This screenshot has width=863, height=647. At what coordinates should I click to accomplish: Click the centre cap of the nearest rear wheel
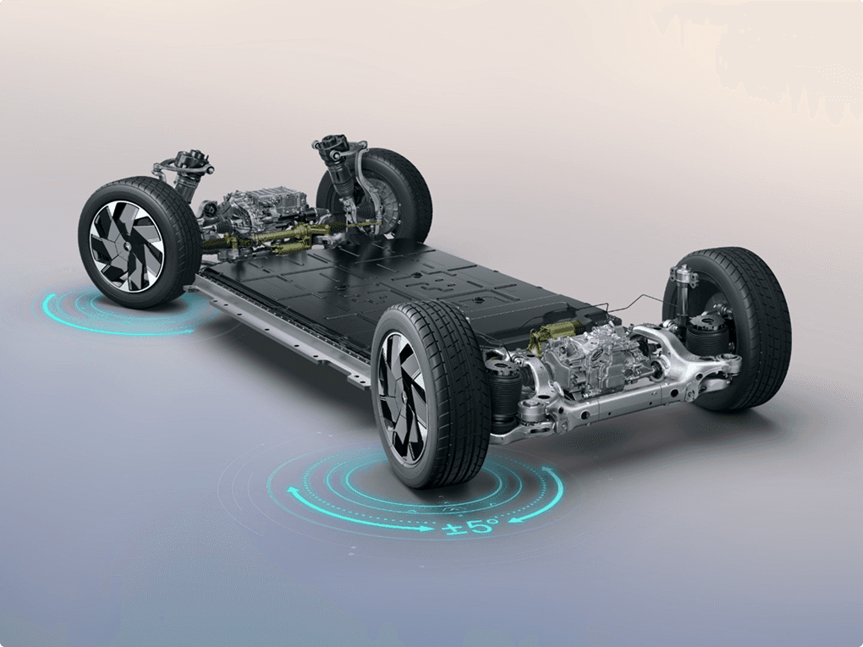click(x=404, y=398)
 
